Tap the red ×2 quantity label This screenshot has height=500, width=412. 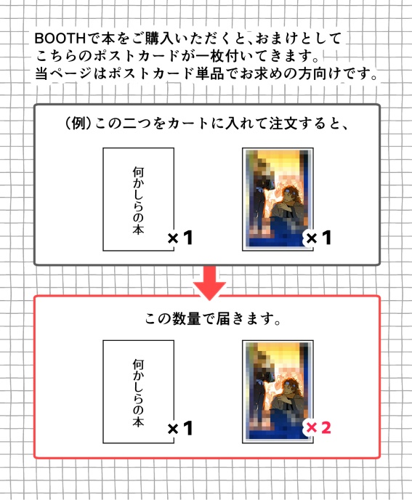pyautogui.click(x=318, y=428)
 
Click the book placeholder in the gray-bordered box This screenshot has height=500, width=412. pyautogui.click(x=138, y=198)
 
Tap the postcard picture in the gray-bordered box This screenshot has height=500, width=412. pyautogui.click(x=277, y=198)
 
